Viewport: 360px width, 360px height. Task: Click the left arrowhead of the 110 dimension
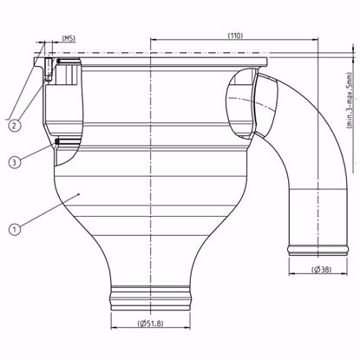coord(154,40)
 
